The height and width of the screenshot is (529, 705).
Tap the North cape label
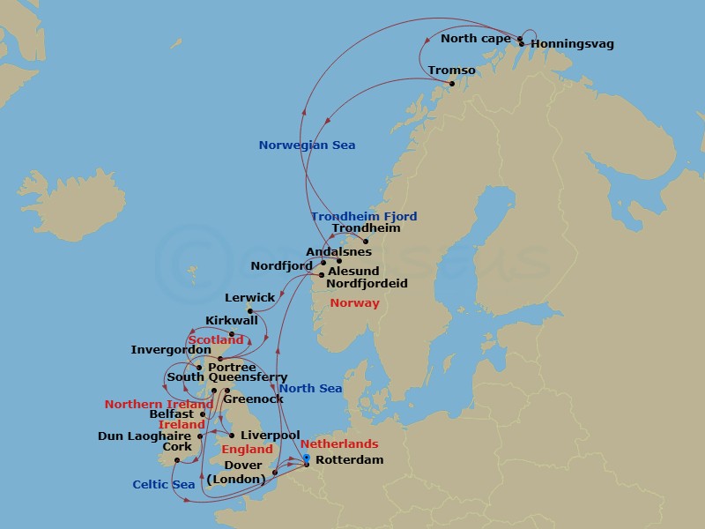[475, 39]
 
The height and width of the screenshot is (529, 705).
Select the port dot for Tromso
[452, 84]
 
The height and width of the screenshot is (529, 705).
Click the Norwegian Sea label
[307, 145]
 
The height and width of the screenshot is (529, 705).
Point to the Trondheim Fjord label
[363, 216]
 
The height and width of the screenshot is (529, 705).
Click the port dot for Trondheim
[367, 242]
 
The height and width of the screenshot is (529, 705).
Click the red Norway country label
[354, 303]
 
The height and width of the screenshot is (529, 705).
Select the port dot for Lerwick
[250, 310]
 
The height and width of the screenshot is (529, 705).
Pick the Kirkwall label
[231, 321]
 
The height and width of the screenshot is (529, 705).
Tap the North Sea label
[310, 389]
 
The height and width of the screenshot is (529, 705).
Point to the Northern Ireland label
[159, 405]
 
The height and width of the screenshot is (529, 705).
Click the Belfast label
[172, 414]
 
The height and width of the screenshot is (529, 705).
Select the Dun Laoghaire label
[145, 436]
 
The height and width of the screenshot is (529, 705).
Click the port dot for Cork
[176, 460]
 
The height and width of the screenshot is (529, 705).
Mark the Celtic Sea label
[164, 484]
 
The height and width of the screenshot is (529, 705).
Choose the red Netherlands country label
[339, 444]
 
